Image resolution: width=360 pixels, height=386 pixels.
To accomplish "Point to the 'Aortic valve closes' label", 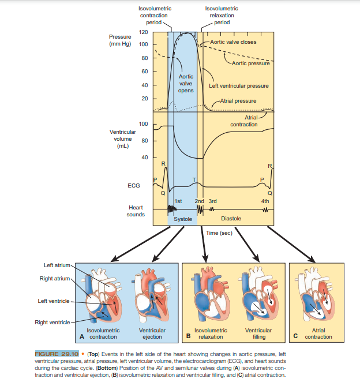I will pyautogui.click(x=233, y=42).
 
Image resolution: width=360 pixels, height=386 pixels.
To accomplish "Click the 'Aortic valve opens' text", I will pyautogui.click(x=186, y=83).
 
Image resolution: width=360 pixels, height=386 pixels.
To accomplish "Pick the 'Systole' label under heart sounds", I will pyautogui.click(x=183, y=219).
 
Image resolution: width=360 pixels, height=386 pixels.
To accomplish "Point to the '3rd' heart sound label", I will pyautogui.click(x=212, y=201).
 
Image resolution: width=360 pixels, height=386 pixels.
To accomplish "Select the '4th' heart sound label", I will pyautogui.click(x=265, y=201).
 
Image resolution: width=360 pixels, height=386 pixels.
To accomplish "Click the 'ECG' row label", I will pyautogui.click(x=133, y=186).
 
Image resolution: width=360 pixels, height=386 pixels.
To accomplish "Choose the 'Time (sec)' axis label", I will pyautogui.click(x=219, y=233).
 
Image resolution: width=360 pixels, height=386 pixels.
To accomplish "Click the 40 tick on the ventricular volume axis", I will pyautogui.click(x=144, y=158).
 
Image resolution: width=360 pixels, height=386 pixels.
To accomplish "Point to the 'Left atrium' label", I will pyautogui.click(x=57, y=265).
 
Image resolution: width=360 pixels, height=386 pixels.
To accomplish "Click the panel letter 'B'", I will pyautogui.click(x=187, y=336).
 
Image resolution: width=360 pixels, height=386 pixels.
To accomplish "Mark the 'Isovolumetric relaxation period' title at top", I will pyautogui.click(x=222, y=16).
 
